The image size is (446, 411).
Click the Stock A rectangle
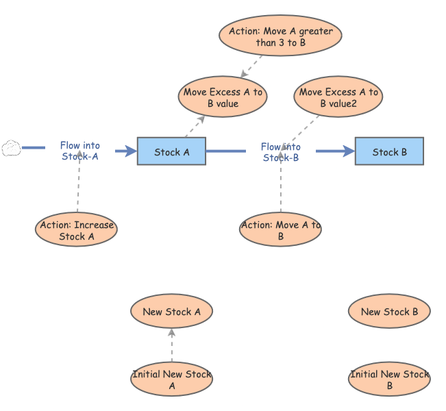[x=171, y=151]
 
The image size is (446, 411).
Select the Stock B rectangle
[x=389, y=151]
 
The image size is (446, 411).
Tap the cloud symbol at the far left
[x=10, y=148]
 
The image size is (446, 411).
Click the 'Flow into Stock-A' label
[x=80, y=151]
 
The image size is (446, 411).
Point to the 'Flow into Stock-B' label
[x=280, y=151]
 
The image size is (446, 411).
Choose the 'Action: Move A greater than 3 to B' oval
[x=280, y=36]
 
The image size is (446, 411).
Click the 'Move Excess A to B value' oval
[x=223, y=98]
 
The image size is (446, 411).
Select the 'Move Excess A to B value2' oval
[x=338, y=98]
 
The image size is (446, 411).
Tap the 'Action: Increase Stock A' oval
[x=77, y=230]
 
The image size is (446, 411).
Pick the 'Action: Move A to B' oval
[x=280, y=230]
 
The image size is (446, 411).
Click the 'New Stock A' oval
[x=171, y=312]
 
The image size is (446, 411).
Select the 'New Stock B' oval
[x=389, y=312]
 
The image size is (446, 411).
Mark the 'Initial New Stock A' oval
[x=171, y=379]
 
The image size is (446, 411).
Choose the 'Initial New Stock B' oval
[x=389, y=379]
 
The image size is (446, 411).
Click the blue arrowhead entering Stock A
[x=131, y=151]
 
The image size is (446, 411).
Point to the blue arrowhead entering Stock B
[x=348, y=151]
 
